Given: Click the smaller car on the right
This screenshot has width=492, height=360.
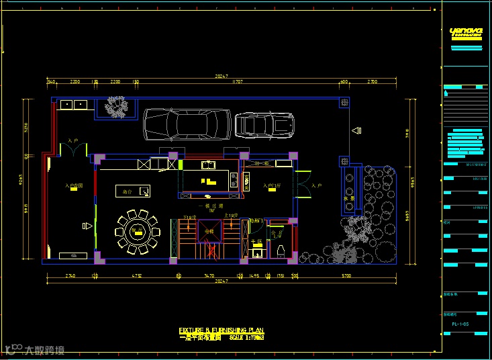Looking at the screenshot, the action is (x=264, y=124).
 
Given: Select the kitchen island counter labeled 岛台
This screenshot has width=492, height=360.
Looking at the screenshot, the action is (x=132, y=191).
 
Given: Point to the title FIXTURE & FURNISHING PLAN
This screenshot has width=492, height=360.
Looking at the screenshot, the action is (x=221, y=330).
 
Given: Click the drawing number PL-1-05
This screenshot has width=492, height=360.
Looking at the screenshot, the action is (x=460, y=324).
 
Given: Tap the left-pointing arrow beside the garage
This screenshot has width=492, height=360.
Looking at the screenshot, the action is (x=356, y=131).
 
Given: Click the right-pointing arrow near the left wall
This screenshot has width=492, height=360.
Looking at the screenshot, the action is (x=87, y=226).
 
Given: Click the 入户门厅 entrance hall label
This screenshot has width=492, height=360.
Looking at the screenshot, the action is (x=272, y=186).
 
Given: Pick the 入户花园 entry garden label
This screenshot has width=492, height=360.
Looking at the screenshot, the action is (x=73, y=186).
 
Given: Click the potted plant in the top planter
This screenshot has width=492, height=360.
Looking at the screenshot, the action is (x=118, y=106).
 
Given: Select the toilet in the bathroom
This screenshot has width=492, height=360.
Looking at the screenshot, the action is (x=281, y=250).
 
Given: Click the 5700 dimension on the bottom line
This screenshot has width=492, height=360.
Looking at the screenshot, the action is (x=346, y=275).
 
